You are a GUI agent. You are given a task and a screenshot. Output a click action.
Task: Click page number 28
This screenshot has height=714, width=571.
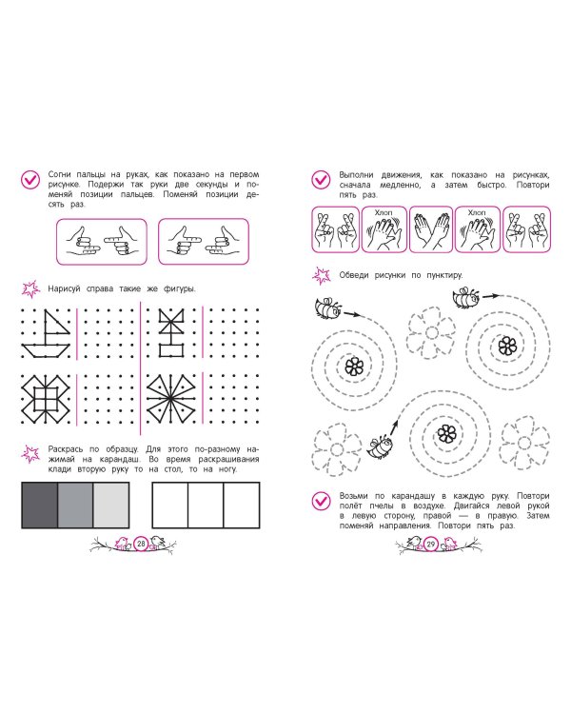tap(141, 544)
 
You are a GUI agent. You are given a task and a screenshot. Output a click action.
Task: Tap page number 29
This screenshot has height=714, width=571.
tap(431, 544)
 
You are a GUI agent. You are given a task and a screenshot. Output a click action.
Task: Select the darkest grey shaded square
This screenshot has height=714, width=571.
tap(40, 505)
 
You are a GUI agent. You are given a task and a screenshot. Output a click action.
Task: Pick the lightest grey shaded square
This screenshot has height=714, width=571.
tap(111, 505)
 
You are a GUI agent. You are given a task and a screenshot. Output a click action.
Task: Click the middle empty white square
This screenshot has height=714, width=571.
tap(206, 505)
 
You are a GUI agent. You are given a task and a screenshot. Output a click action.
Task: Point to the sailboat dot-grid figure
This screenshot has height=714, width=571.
tap(46, 333)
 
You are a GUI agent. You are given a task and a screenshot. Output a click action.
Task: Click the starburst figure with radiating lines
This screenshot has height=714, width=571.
tap(170, 399)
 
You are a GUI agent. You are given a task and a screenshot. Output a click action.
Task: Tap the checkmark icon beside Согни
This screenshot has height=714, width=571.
tap(30, 180)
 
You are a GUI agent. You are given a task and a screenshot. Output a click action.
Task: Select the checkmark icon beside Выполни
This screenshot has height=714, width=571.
tap(321, 180)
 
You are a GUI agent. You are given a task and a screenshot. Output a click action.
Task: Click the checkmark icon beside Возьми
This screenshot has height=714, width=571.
tap(321, 502)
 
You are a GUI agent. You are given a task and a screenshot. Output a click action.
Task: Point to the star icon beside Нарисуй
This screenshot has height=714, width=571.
tap(30, 289)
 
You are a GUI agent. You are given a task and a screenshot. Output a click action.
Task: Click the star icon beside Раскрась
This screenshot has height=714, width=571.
tap(30, 454)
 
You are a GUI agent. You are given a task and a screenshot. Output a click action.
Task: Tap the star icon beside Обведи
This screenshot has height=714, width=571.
tap(322, 275)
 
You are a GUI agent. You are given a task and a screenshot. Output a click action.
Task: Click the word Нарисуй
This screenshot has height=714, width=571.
tap(64, 288)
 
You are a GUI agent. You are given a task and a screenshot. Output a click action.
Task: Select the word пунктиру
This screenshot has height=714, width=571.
tap(444, 275)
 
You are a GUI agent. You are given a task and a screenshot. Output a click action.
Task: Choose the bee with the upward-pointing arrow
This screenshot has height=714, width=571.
tap(380, 446)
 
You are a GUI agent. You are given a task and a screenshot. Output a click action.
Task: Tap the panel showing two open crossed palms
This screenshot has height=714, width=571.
tap(431, 229)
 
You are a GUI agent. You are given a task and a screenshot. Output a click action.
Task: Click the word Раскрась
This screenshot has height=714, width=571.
tap(66, 449)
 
